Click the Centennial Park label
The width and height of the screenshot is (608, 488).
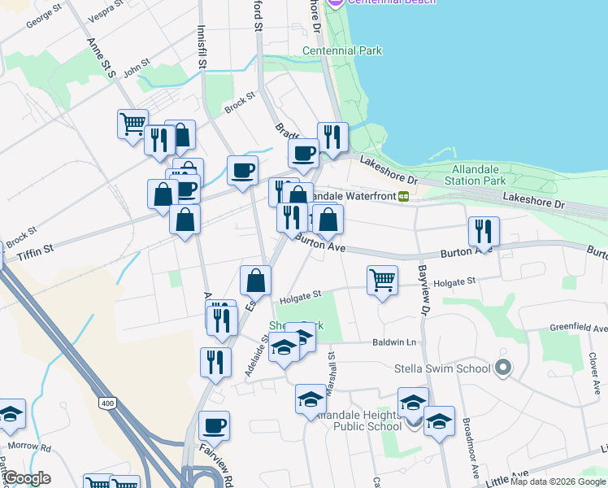tap(341, 50)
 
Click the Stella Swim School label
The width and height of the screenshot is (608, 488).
tap(442, 368)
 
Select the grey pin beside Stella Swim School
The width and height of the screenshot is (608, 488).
tap(502, 368)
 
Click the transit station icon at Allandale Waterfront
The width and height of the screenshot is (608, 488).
tap(403, 196)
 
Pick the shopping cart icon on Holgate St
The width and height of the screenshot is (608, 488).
tap(382, 281)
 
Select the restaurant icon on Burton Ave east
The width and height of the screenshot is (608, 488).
tap(484, 232)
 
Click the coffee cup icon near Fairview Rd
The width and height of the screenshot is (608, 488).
tap(214, 425)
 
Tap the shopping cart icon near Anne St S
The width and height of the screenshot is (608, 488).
tap(132, 124)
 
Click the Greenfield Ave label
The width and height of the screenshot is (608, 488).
tap(578, 329)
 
